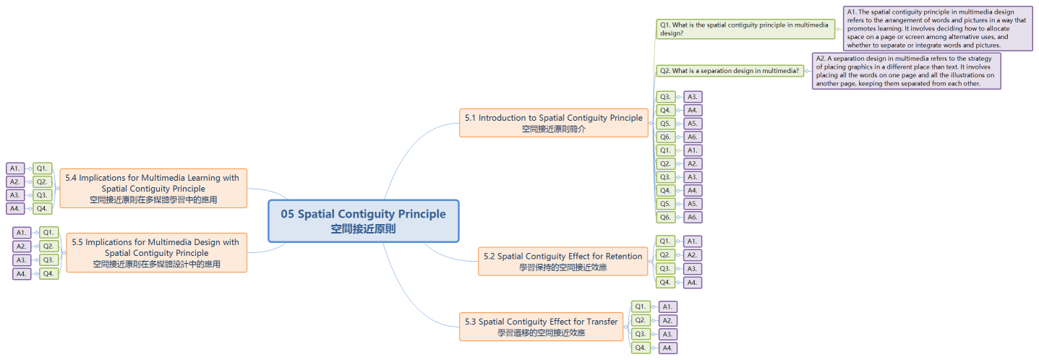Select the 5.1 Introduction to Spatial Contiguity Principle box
[553, 123]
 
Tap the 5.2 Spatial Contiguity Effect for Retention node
[563, 261]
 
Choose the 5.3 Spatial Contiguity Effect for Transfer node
[541, 327]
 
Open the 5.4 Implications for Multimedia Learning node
[153, 188]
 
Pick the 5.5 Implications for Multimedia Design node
[156, 252]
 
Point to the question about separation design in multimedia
[730, 71]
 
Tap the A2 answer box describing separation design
[906, 70]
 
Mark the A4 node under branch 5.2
[692, 283]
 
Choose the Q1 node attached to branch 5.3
[641, 307]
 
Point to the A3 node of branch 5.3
[667, 334]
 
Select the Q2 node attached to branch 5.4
[43, 181]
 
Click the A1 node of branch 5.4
[15, 168]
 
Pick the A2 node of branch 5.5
[22, 247]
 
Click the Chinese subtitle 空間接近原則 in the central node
[363, 228]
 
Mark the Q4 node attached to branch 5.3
[641, 348]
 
